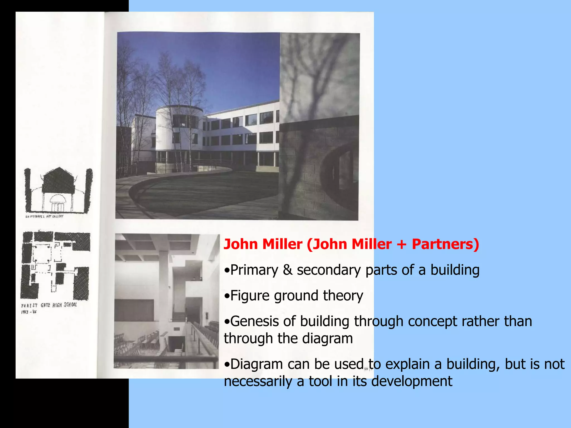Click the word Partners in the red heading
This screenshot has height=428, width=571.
(445, 244)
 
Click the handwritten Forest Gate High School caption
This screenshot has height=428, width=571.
(49, 305)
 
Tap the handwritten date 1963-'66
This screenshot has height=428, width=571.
(29, 312)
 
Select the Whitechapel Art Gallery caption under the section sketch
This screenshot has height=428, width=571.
(45, 216)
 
